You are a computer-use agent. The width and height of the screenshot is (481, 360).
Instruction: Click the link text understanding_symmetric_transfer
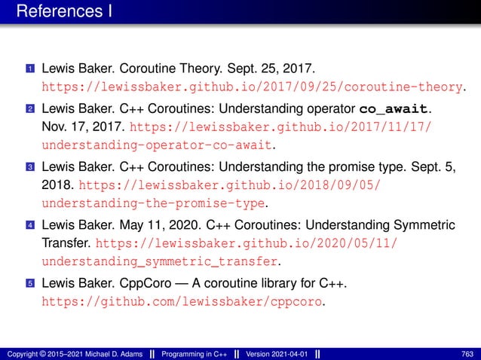click(159, 261)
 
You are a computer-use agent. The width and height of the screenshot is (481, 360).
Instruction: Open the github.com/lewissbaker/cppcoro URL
click(183, 302)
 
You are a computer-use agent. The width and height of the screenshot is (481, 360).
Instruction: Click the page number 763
click(467, 354)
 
